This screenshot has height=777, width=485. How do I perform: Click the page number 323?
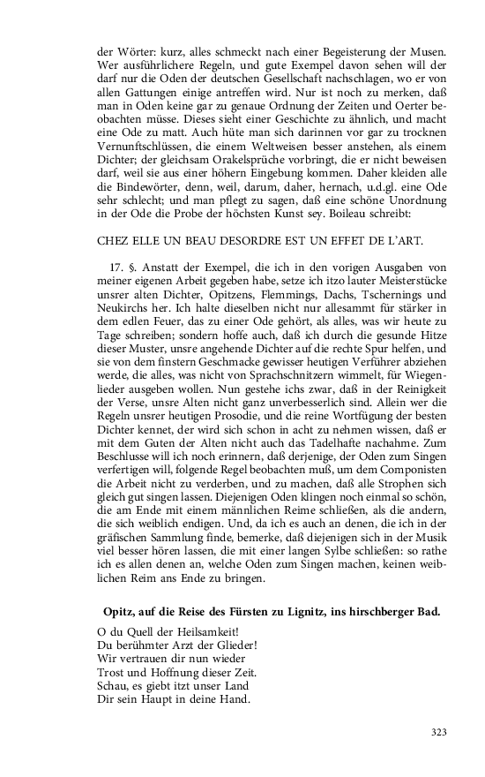point(439,731)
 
